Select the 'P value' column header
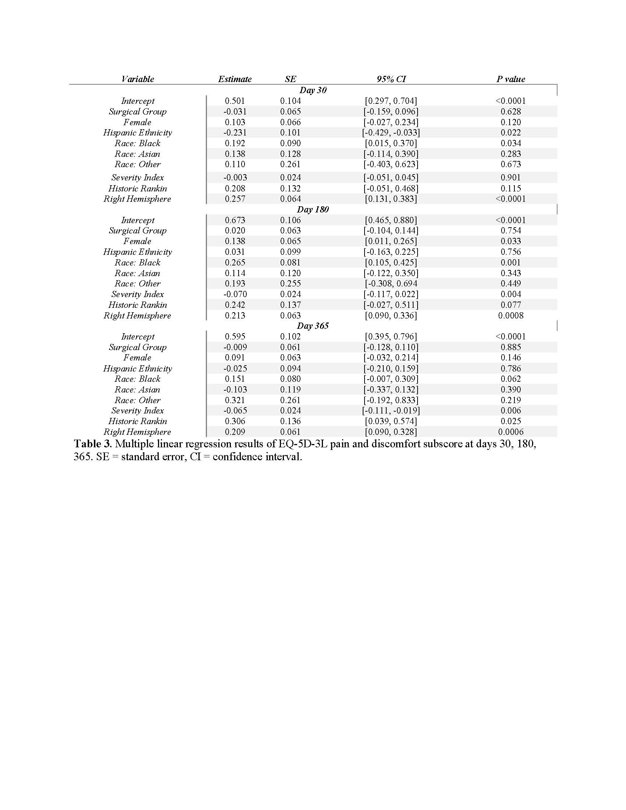tap(511, 79)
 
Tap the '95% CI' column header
tap(391, 79)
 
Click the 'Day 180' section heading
tap(313, 209)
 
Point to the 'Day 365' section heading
tap(313, 326)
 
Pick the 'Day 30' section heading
tap(313, 90)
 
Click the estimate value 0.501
tap(235, 101)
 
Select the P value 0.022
tap(511, 133)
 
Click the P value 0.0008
tap(511, 316)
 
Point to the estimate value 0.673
tap(235, 220)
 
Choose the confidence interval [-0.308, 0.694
tap(391, 284)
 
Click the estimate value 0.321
tap(235, 400)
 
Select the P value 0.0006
tap(511, 432)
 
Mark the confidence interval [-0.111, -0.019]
tap(391, 411)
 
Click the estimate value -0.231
tap(235, 133)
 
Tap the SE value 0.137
tap(291, 305)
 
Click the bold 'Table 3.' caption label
tap(93, 444)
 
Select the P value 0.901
tap(511, 178)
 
